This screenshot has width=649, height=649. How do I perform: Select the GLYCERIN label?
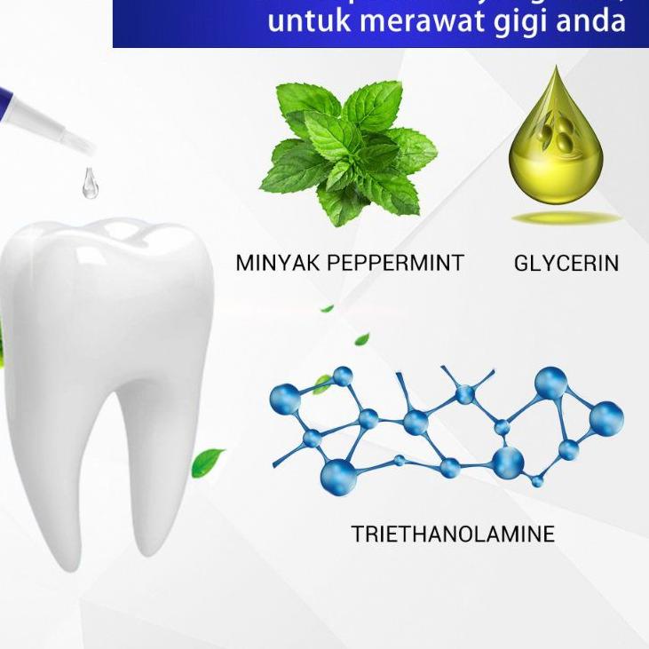pos(566,263)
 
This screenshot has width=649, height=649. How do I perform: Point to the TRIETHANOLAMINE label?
pos(452,534)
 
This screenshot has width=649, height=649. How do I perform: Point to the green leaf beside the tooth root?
pos(208,461)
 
